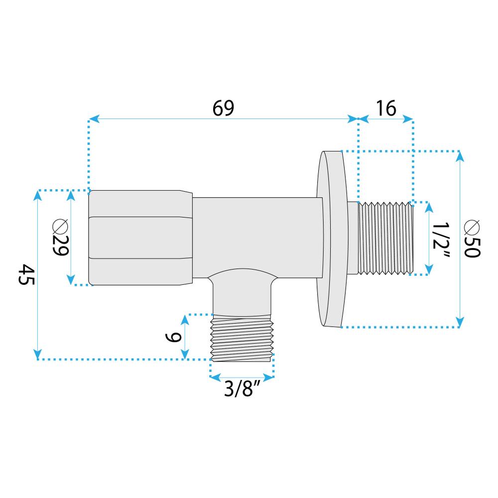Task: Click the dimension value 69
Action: click(x=223, y=108)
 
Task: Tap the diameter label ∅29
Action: click(x=59, y=238)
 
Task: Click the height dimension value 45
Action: click(x=26, y=274)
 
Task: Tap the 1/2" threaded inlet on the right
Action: click(x=386, y=238)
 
